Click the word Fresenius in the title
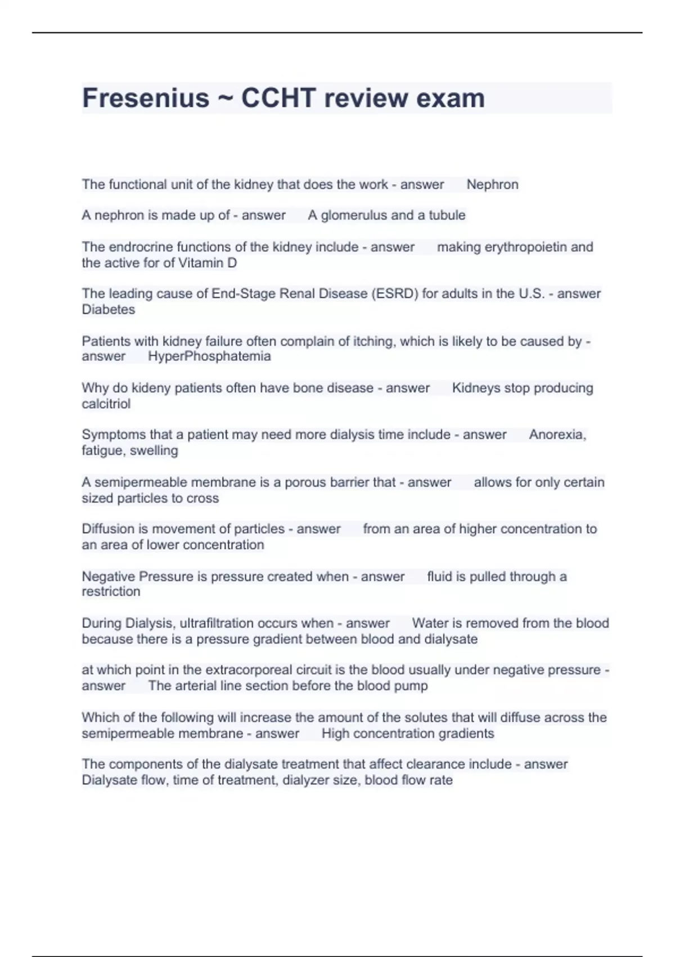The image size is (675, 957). (x=146, y=98)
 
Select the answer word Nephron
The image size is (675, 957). (x=492, y=185)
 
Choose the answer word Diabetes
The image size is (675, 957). (x=109, y=310)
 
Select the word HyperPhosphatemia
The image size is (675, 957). (x=209, y=356)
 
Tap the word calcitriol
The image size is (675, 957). (x=106, y=404)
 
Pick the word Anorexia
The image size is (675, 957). (x=557, y=435)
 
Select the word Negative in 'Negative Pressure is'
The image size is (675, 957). (x=108, y=576)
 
